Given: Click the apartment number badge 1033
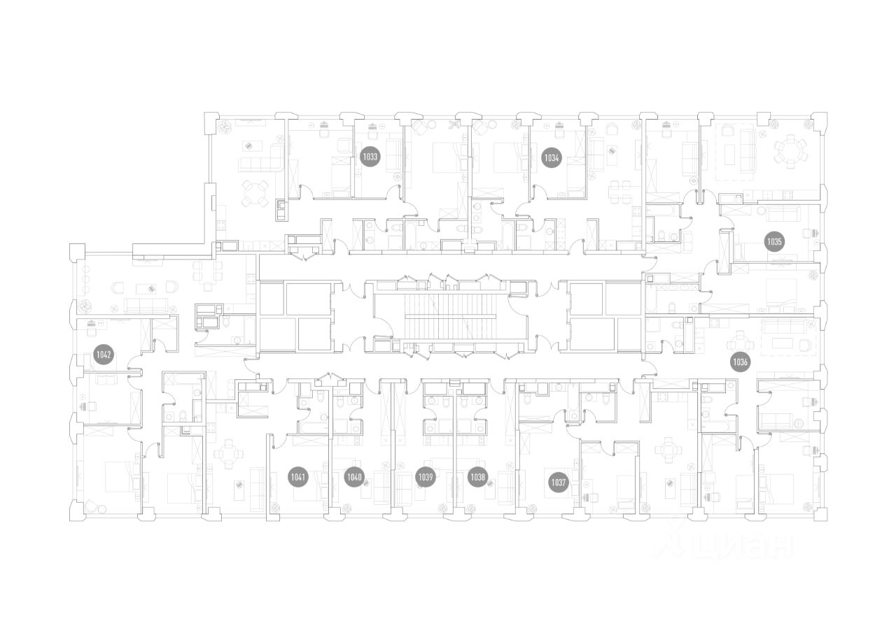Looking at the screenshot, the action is pos(370,157).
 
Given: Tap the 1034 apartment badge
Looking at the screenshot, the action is pos(552,158).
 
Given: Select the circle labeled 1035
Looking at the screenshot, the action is pos(773,242).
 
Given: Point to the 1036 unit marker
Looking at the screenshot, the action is pos(740,362).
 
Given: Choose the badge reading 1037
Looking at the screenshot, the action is pos(558,482).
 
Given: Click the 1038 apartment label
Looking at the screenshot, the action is pos(477,478).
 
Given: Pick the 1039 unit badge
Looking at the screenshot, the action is pos(425,478).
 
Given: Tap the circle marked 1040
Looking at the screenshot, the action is pos(355,478).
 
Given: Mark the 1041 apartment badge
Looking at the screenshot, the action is pos(298,478).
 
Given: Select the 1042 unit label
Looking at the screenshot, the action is pos(104,355).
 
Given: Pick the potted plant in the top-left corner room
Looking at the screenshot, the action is pos(227,127).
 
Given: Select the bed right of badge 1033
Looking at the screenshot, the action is pos(444,159).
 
